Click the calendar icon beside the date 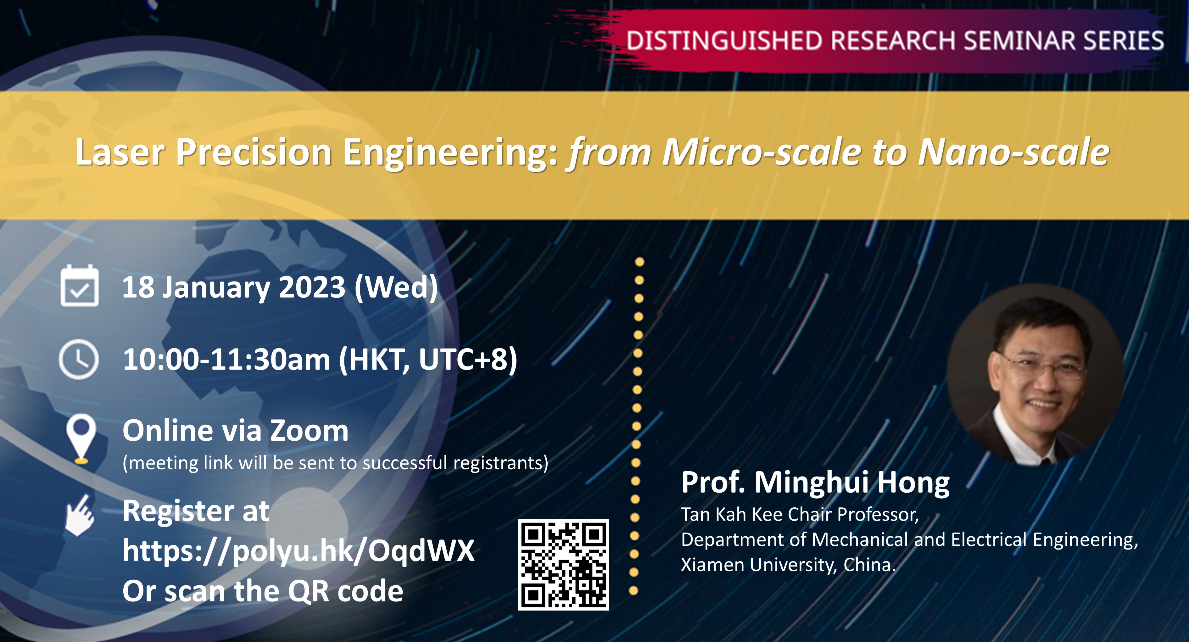(79, 285)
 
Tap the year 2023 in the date (312, 287)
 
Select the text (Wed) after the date (396, 288)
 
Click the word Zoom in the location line (309, 431)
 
